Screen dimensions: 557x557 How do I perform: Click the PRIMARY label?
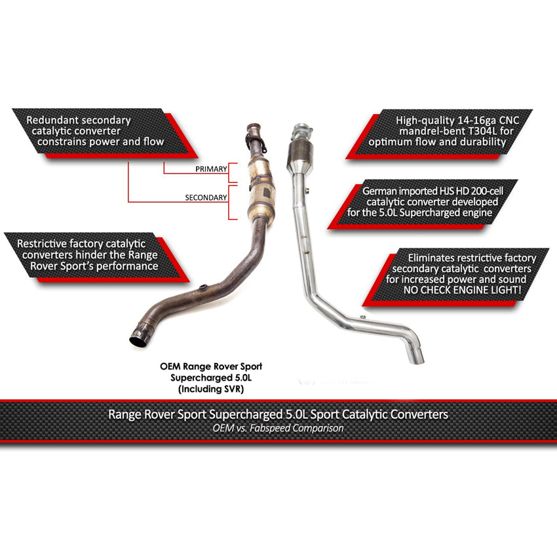[211, 169]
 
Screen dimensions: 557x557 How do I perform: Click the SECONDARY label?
[206, 197]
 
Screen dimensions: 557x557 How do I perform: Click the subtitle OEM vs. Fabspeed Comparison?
[278, 428]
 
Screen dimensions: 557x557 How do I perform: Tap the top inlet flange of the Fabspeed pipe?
[301, 127]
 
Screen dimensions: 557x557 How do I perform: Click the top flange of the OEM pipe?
[254, 131]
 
